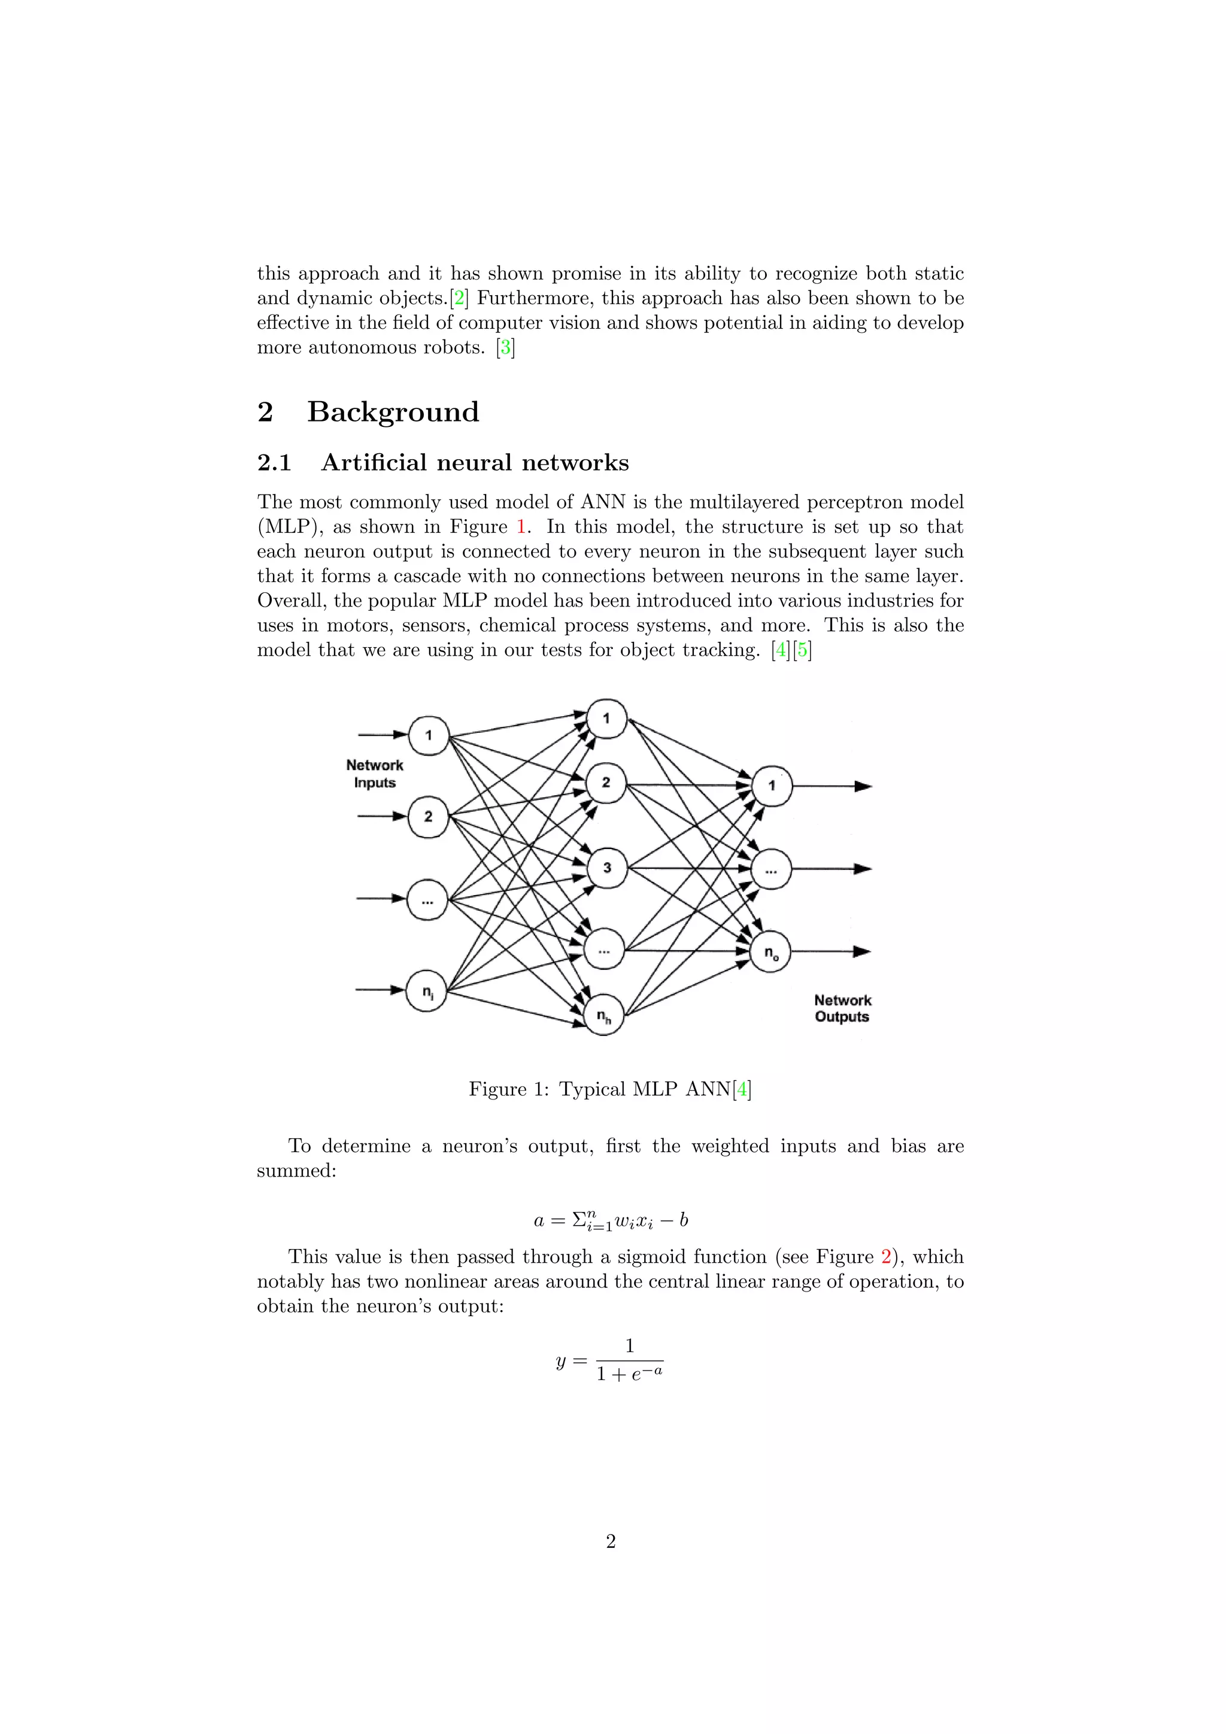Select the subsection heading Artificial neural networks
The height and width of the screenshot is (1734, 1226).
click(475, 462)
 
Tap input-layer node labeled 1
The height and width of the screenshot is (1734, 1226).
click(428, 735)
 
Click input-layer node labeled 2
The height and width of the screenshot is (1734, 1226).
click(428, 816)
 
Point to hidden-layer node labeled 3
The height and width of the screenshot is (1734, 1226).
click(606, 868)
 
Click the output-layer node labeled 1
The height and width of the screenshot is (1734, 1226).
click(772, 786)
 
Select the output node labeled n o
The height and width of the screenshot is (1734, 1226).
click(770, 953)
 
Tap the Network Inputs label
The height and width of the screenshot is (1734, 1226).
click(374, 774)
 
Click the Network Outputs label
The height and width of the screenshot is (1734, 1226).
click(842, 1008)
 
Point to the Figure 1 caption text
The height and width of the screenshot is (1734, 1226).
click(610, 1089)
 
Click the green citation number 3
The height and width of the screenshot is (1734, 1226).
click(506, 347)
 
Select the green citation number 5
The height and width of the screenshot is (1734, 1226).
click(802, 650)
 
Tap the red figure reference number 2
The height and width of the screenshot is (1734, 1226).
click(885, 1257)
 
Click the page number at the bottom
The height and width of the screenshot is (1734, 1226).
click(611, 1541)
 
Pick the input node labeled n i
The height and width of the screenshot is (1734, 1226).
click(427, 992)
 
